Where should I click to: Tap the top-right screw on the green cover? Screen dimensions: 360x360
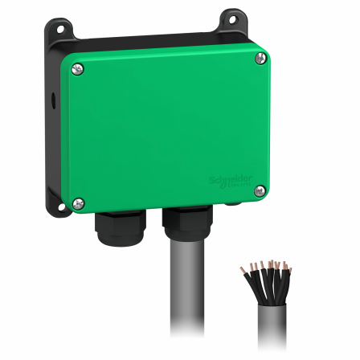coord(260,58)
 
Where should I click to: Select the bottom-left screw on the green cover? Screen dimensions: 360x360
coord(78,202)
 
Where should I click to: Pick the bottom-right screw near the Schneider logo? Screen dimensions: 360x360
coord(260,190)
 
